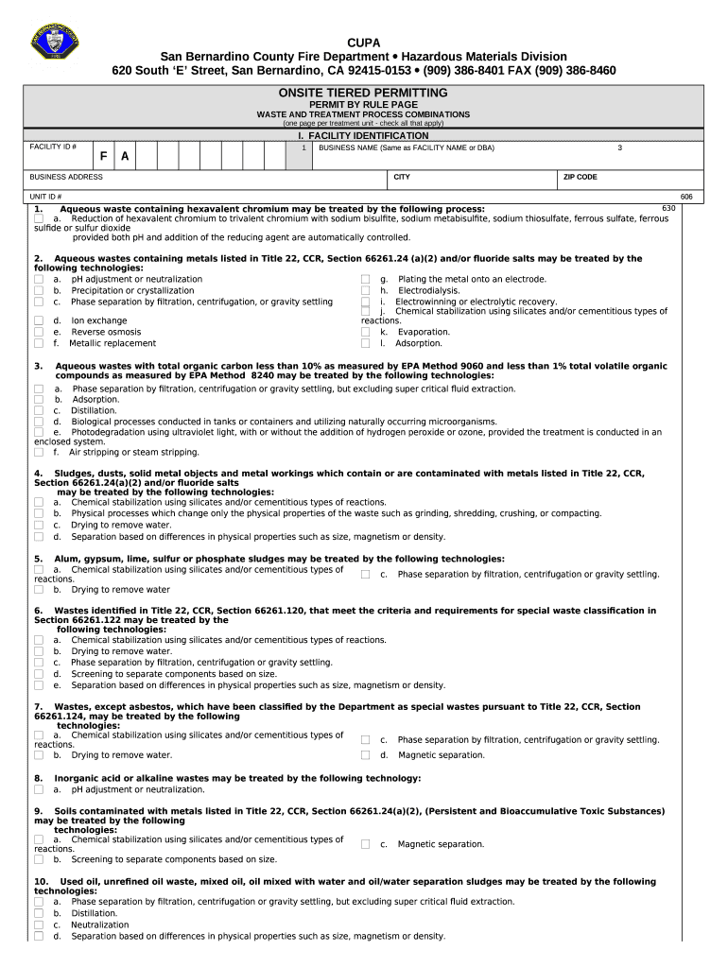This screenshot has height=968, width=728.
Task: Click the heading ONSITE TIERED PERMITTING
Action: pyautogui.click(x=363, y=93)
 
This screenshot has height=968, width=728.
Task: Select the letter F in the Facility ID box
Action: pyautogui.click(x=105, y=155)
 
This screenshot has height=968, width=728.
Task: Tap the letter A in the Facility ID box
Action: pyautogui.click(x=125, y=155)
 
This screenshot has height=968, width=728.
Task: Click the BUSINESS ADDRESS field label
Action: pyautogui.click(x=66, y=177)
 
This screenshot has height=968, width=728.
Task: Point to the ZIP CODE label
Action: pyautogui.click(x=580, y=177)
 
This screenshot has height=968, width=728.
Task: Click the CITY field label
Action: pyautogui.click(x=402, y=177)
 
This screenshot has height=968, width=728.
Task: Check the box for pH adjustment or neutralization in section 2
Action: pyautogui.click(x=39, y=280)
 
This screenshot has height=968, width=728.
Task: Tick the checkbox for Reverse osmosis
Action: pyautogui.click(x=39, y=333)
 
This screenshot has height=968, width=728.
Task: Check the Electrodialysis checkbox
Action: pyautogui.click(x=365, y=291)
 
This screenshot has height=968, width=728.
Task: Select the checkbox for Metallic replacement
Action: pyautogui.click(x=39, y=344)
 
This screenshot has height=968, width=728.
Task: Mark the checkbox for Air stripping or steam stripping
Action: pyautogui.click(x=39, y=453)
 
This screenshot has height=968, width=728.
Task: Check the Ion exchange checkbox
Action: pyautogui.click(x=39, y=321)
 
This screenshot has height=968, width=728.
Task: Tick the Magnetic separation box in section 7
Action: pyautogui.click(x=365, y=755)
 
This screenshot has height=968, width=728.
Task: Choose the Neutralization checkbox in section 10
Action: pyautogui.click(x=39, y=925)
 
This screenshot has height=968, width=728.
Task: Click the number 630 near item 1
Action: pyautogui.click(x=667, y=207)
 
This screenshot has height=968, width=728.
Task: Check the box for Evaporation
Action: pyautogui.click(x=365, y=333)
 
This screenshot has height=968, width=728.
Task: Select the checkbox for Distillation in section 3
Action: pyautogui.click(x=39, y=411)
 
